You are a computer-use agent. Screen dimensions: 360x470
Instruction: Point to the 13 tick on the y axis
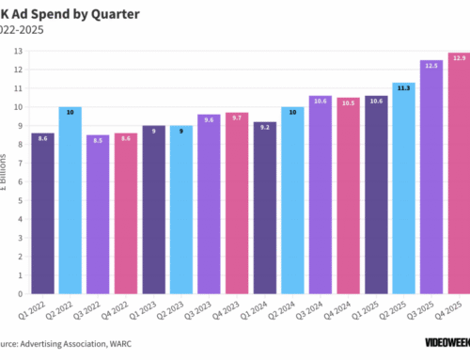coord(18,50)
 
